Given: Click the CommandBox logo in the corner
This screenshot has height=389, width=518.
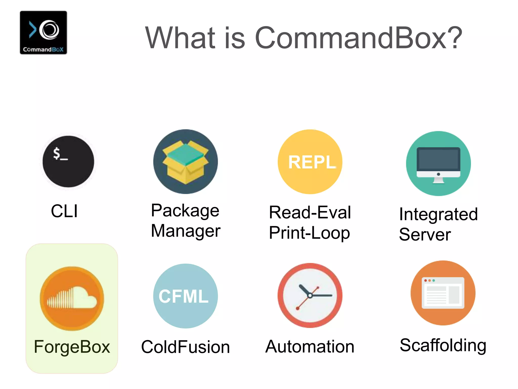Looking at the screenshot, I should [x=44, y=32].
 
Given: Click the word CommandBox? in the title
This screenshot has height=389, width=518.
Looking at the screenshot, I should [x=359, y=38].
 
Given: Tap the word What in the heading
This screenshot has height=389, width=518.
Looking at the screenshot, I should [x=180, y=38].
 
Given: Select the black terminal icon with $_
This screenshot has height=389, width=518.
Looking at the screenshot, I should [x=68, y=162].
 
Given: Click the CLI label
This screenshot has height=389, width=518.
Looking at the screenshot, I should [x=64, y=211].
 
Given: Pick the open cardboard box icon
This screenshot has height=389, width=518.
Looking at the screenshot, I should [x=185, y=162].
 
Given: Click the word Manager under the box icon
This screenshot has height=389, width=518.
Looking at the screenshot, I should [x=186, y=231].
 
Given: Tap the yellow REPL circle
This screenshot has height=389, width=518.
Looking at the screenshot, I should [x=310, y=162].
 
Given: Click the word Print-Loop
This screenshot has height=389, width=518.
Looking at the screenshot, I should [x=309, y=233].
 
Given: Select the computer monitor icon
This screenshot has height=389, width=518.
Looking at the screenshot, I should [x=438, y=164].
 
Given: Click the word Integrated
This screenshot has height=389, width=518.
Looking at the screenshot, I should [x=438, y=214].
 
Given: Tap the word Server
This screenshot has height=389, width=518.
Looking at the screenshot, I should [x=425, y=235].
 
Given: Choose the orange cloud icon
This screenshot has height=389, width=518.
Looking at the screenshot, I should [x=72, y=298].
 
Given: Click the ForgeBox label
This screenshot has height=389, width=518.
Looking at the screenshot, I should [x=72, y=347].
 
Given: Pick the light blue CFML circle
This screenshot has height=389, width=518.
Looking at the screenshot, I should [x=185, y=296].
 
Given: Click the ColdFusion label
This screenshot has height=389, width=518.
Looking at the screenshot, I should [x=185, y=347].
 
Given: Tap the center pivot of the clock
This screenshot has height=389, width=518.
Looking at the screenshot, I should [x=310, y=296].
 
